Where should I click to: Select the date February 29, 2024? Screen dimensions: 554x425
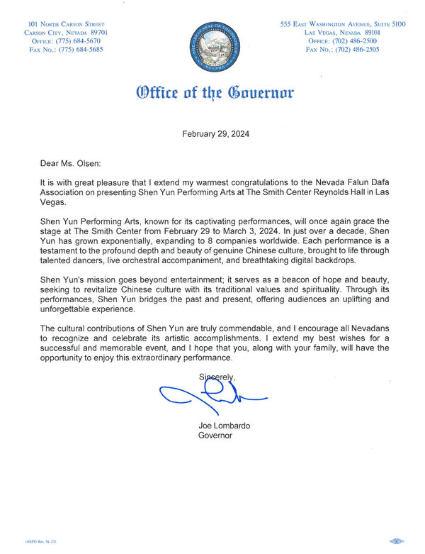click(x=216, y=133)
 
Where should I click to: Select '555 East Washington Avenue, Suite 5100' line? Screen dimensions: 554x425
click(x=343, y=24)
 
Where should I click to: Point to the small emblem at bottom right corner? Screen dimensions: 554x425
click(x=395, y=541)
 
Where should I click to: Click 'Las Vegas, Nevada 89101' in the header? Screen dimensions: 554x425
click(x=343, y=33)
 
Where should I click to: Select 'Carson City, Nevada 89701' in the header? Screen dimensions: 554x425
click(x=66, y=33)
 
